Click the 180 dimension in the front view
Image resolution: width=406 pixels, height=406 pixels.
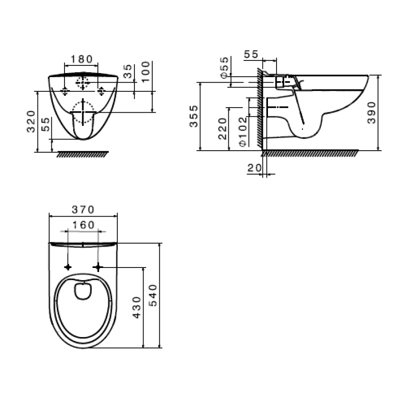coord(81,59)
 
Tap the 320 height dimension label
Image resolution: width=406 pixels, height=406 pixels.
coord(31,121)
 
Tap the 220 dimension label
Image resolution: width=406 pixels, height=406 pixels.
coord(222,129)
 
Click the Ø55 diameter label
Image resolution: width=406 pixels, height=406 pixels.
coord(224,68)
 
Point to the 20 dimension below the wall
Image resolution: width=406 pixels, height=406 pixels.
coord(254,167)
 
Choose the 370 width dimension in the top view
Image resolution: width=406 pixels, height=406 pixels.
coord(83,209)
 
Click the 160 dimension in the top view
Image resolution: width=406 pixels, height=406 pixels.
coord(83,224)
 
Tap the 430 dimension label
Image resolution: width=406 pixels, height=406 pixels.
coord(136,308)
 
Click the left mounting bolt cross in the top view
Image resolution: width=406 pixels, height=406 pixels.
coord(67,266)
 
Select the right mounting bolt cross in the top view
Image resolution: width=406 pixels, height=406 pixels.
coord(98,266)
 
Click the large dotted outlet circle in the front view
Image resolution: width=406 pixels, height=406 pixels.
coord(83,112)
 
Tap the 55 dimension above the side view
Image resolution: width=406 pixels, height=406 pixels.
coord(251,54)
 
